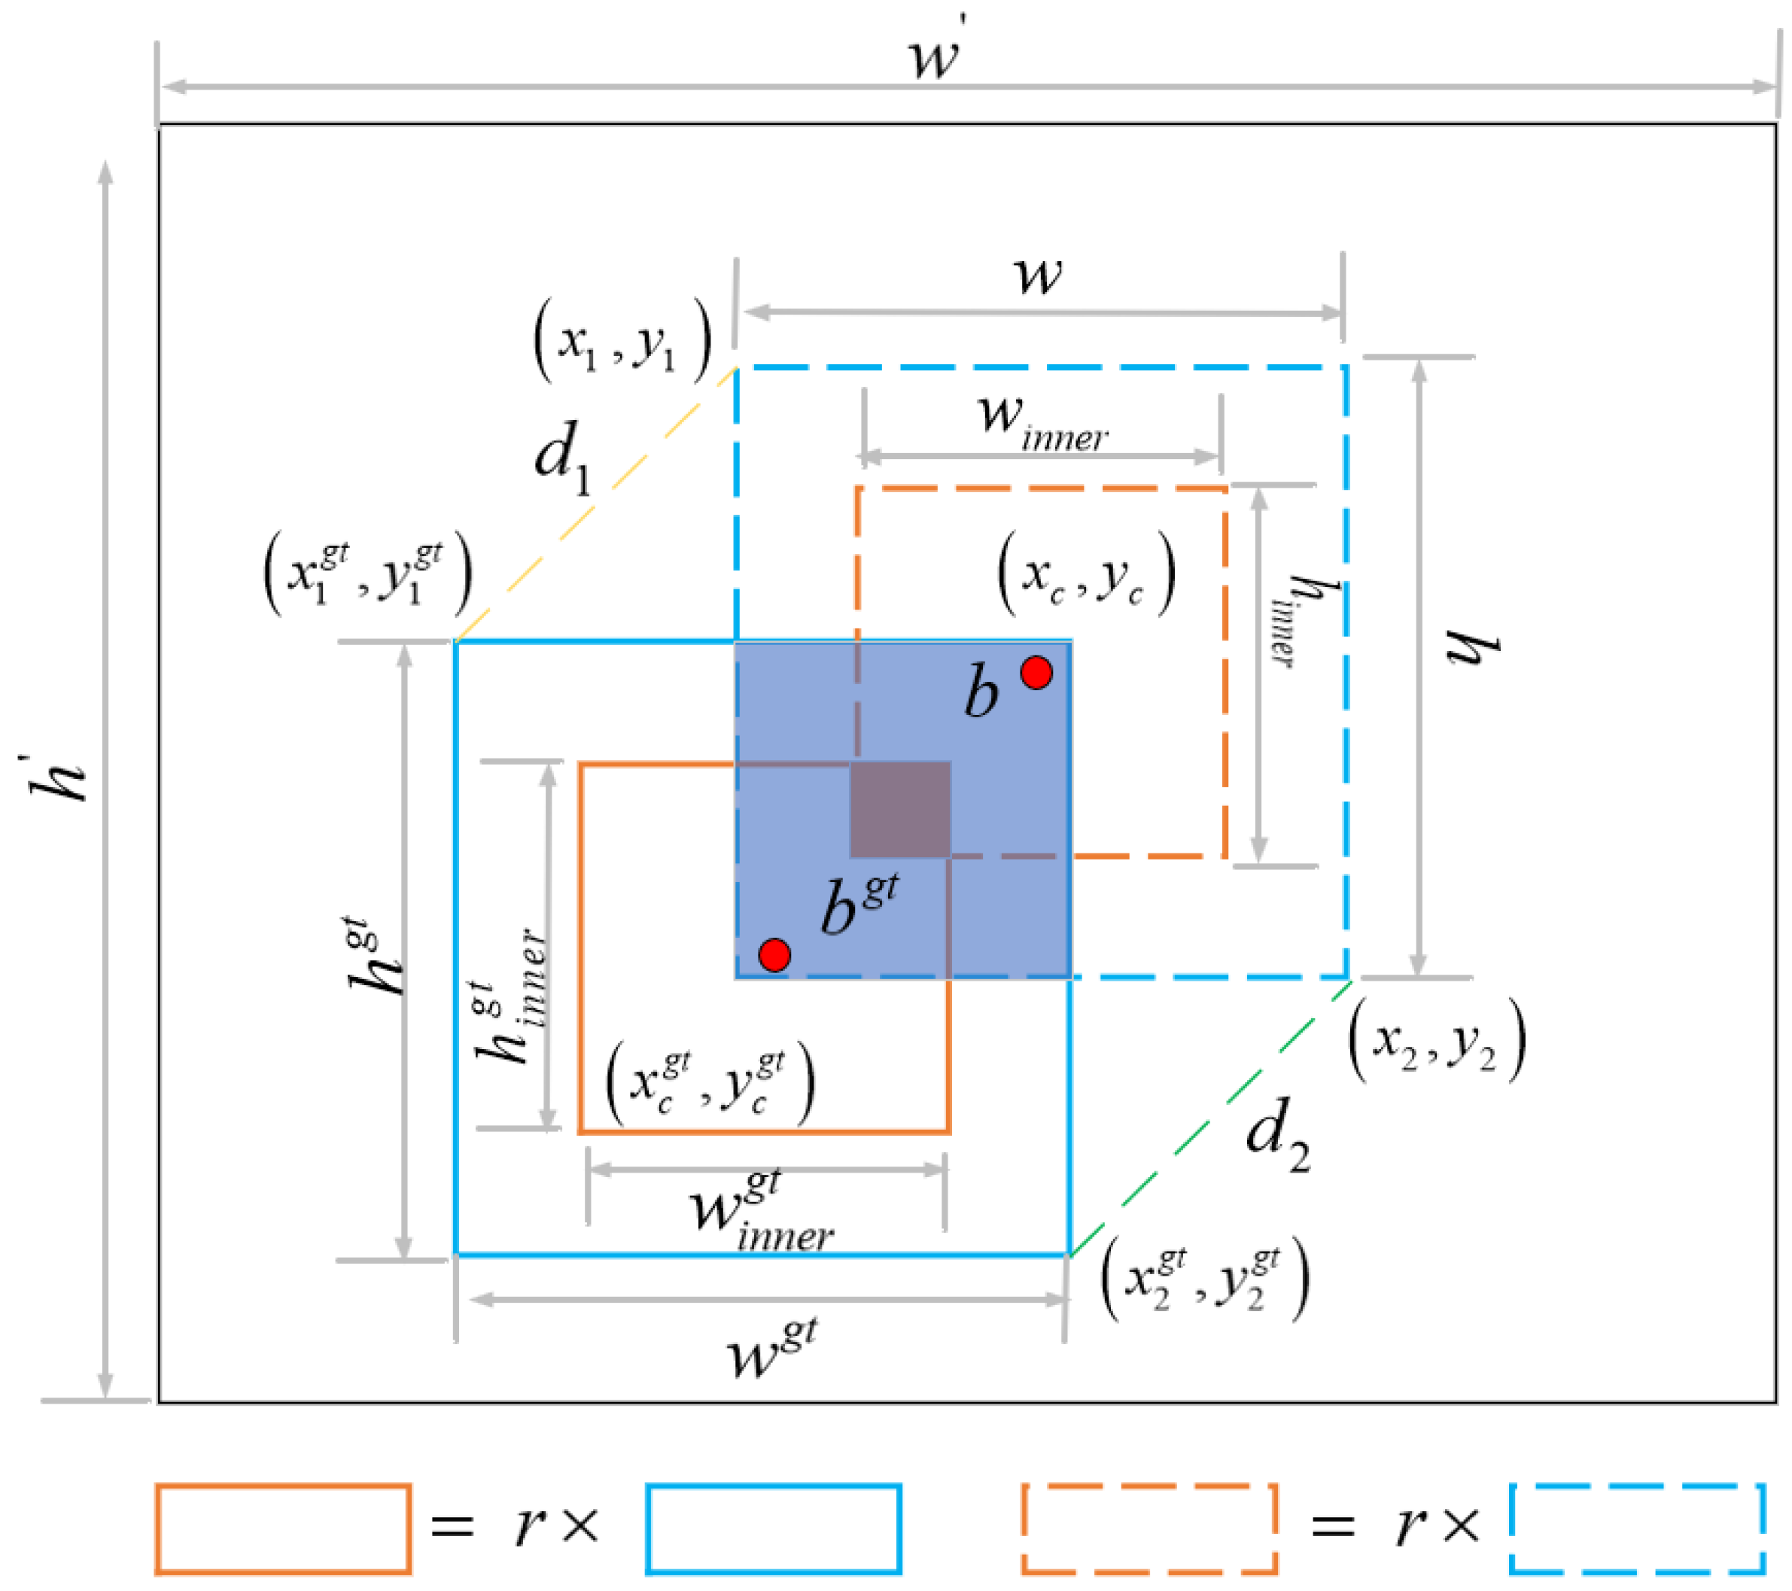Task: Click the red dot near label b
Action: point(1036,672)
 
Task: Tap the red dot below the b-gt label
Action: point(774,954)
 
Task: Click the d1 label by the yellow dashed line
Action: point(562,458)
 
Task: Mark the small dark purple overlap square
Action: point(900,809)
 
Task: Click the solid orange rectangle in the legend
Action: point(283,1529)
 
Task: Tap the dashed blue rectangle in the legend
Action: point(1638,1529)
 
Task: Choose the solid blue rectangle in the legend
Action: point(773,1529)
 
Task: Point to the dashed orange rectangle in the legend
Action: point(1149,1529)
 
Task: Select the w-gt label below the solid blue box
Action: point(772,1350)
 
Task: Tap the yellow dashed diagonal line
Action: point(596,505)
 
